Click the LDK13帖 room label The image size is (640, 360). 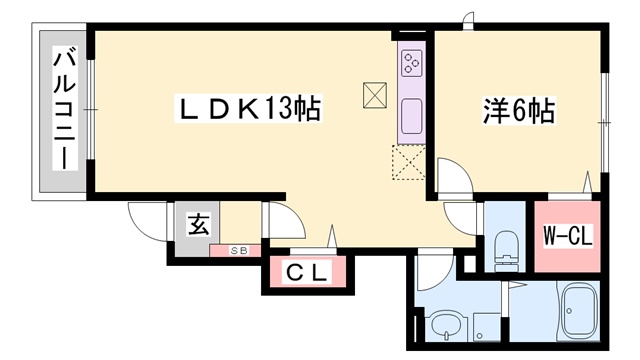click(x=249, y=108)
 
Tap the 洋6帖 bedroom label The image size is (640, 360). click(x=518, y=110)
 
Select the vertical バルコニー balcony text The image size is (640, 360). click(x=64, y=109)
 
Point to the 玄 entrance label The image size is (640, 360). click(x=199, y=224)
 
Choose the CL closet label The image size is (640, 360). click(x=307, y=273)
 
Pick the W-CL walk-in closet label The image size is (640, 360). click(x=567, y=236)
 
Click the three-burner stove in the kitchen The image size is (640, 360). click(x=411, y=63)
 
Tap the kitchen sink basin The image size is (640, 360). click(x=411, y=116)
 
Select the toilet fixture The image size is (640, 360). click(x=505, y=251)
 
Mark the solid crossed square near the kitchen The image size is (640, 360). click(x=375, y=96)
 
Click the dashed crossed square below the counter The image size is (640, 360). click(x=409, y=162)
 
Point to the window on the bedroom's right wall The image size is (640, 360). click(x=605, y=122)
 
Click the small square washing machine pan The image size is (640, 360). click(x=487, y=327)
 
